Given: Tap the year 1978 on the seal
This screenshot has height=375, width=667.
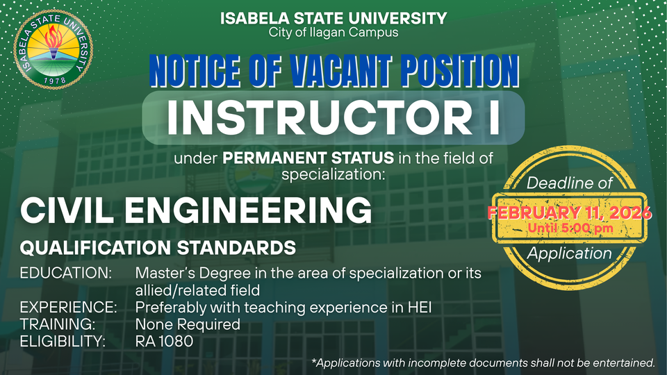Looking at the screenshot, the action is (x=55, y=80).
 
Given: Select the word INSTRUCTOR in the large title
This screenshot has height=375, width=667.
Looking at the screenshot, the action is (x=320, y=118).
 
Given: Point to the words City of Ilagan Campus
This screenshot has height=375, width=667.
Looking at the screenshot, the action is (x=333, y=33).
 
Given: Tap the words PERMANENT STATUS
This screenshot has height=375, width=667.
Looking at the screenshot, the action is (x=308, y=158).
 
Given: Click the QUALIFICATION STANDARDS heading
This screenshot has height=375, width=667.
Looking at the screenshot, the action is (x=158, y=248).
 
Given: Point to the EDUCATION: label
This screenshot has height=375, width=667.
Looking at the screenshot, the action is (x=66, y=273).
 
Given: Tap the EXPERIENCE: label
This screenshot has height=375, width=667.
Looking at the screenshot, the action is (x=69, y=307).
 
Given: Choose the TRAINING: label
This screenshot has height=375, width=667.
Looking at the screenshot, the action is (x=58, y=324).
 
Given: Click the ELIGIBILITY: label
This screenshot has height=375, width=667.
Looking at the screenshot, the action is (x=63, y=341).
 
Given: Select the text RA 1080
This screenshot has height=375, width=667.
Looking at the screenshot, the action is (x=164, y=341).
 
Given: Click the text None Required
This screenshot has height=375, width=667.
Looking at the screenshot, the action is (x=188, y=324).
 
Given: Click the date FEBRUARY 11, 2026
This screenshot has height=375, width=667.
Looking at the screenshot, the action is (x=569, y=212).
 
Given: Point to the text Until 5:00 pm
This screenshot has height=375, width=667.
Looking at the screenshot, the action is (x=570, y=228).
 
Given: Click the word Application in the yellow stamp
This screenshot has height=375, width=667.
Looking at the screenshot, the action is (x=569, y=254).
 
